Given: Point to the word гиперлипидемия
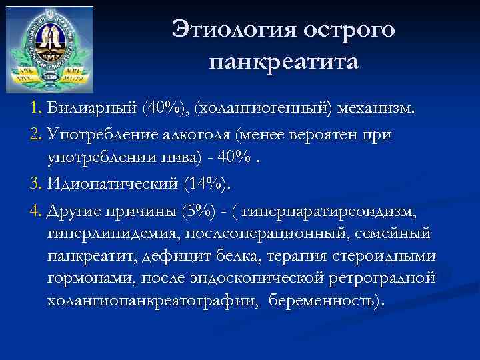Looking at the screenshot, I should (106, 234).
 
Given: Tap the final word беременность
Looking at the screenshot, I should (327, 299).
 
